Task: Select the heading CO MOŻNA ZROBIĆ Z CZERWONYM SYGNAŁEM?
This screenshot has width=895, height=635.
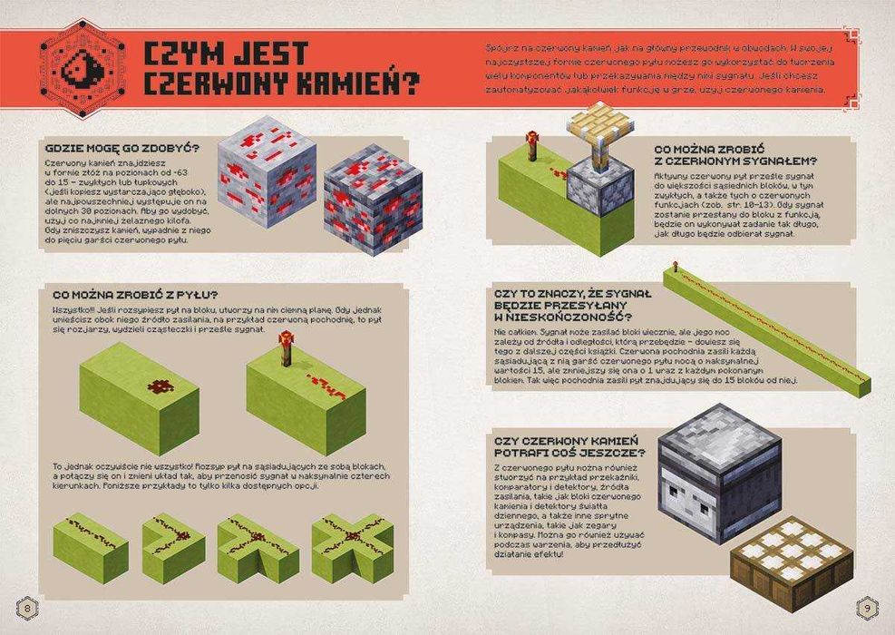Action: [x=734, y=154]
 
